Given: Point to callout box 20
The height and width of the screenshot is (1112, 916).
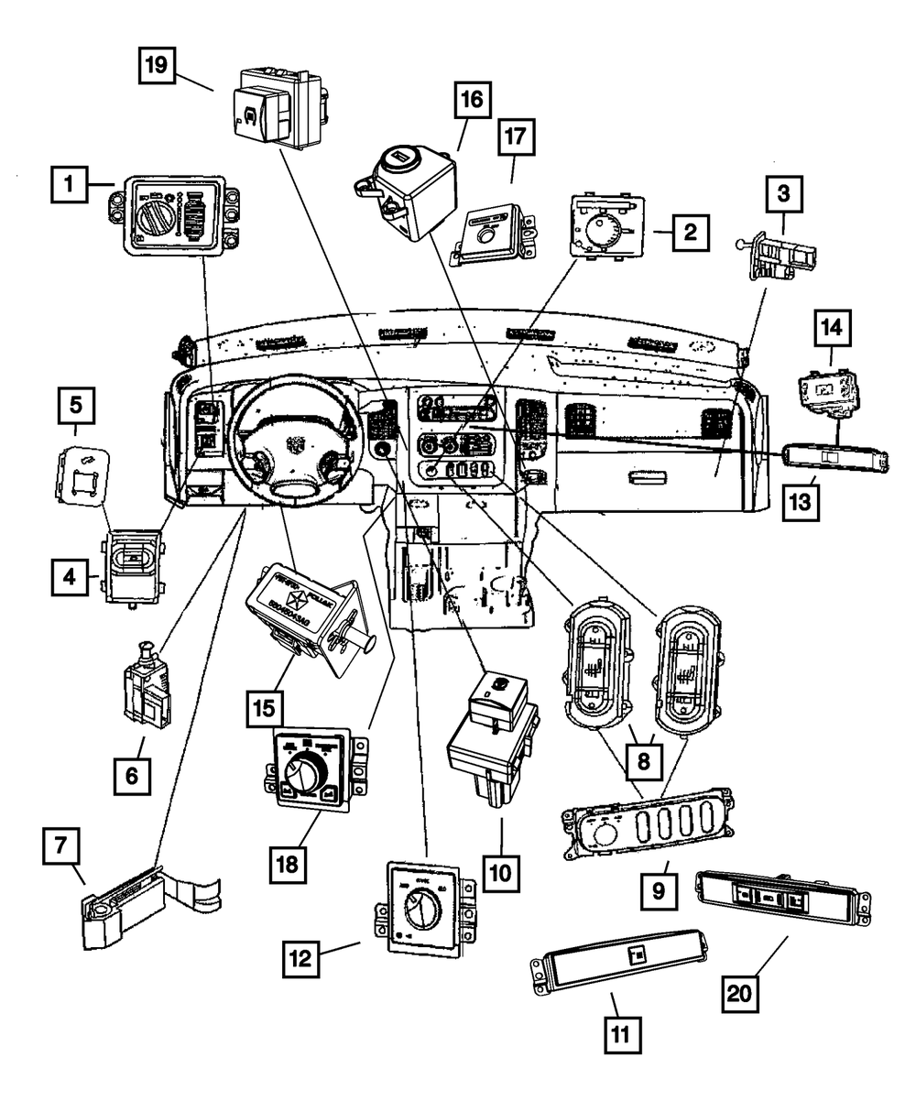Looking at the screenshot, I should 744,994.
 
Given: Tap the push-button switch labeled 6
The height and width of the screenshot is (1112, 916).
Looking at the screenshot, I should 147,688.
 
